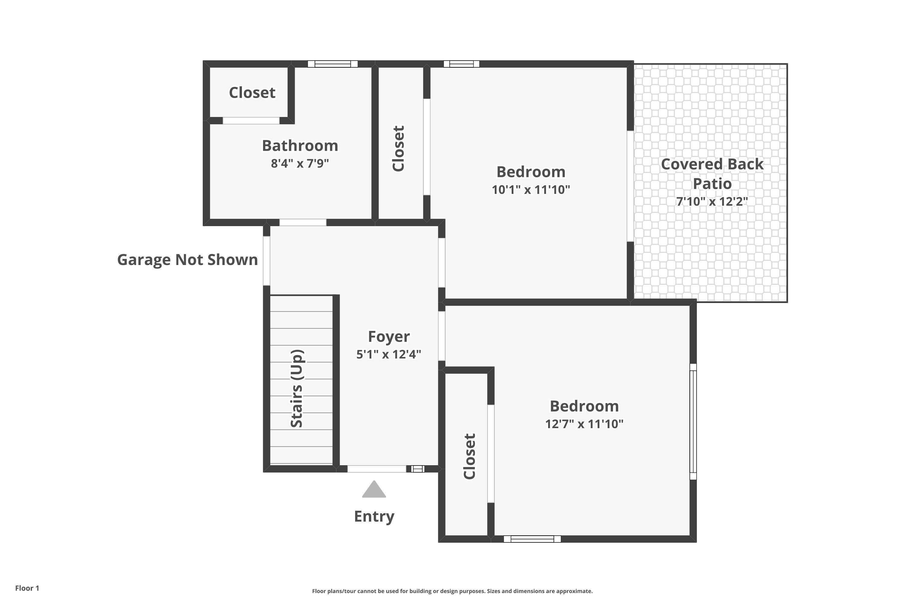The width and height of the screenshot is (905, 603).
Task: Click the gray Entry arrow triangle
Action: pos(374,490)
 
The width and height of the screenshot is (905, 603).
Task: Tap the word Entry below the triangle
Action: pos(374,516)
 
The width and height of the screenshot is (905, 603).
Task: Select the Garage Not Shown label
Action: pos(187,260)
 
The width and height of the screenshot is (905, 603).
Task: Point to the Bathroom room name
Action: pos(300,146)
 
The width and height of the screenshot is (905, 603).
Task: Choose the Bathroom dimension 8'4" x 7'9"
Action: pos(300,163)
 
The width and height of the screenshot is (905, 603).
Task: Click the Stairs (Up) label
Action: pos(297,388)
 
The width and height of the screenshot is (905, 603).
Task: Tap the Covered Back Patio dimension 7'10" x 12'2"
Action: pos(712,201)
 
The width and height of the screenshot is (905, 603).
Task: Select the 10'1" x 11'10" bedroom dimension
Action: pos(531,190)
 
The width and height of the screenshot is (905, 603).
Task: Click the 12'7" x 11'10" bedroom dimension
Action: pos(584,424)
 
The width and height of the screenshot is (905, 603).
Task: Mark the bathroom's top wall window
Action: pos(332,64)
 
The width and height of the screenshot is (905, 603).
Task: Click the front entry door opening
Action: pos(377,469)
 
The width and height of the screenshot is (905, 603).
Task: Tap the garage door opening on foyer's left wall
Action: pos(266,261)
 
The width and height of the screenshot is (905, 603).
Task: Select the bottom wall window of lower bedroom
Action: pos(532,539)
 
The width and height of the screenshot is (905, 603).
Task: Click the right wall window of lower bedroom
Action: pos(693,421)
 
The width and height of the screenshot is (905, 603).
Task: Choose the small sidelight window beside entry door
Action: pos(418,469)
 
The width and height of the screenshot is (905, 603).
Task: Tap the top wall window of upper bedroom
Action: pos(461,64)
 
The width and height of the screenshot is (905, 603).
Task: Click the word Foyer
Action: pos(389,336)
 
